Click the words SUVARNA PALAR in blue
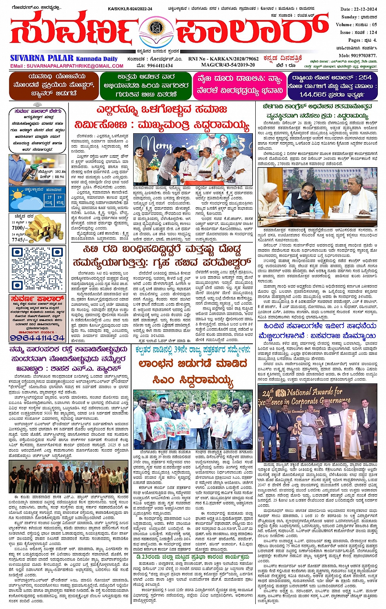42,58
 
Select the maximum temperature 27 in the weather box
49,197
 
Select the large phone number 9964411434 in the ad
37,338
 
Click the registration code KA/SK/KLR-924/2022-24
130,9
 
